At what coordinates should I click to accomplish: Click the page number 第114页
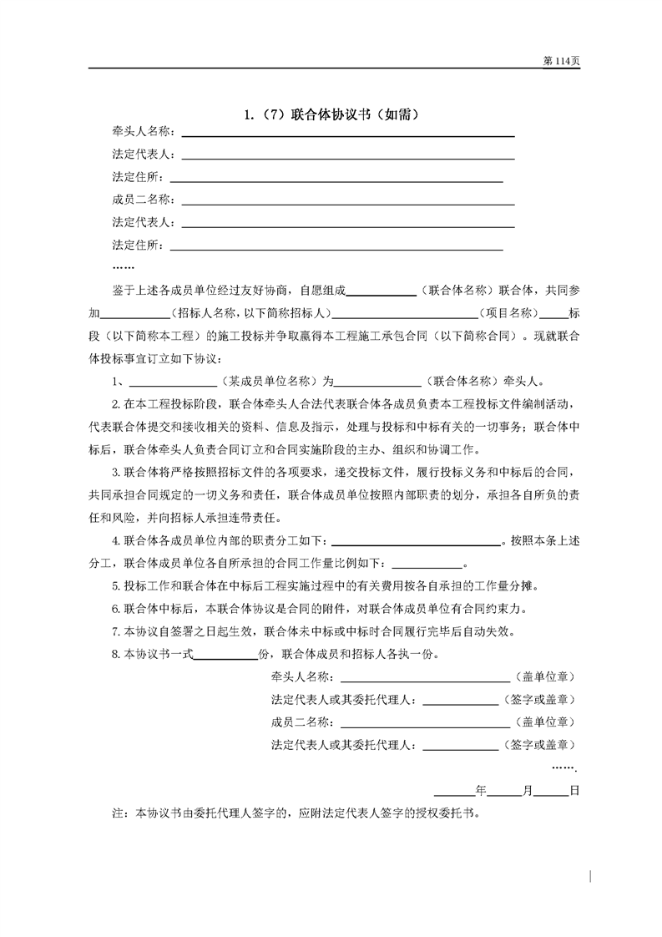pos(561,61)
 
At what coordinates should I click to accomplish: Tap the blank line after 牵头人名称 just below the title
pos(347,134)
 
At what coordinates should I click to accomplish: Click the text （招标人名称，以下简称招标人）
pos(247,313)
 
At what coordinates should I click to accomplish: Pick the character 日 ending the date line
pos(574,790)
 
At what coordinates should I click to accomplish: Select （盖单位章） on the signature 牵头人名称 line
pos(544,676)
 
